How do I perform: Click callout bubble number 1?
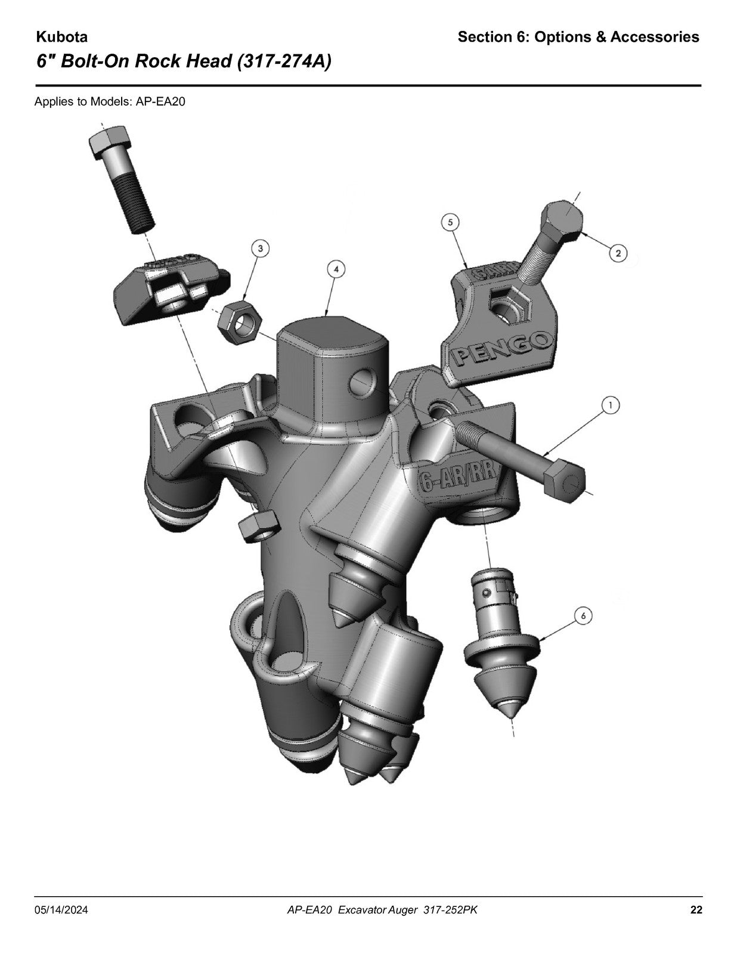point(611,405)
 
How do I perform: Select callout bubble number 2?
point(618,253)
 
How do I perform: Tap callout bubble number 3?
point(261,249)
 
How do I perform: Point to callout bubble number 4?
point(336,269)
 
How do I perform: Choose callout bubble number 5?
point(450,222)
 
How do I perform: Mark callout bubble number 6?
point(583,617)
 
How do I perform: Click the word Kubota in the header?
point(61,37)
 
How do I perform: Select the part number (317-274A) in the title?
point(284,61)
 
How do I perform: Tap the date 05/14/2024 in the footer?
point(61,910)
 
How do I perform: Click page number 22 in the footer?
point(696,910)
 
